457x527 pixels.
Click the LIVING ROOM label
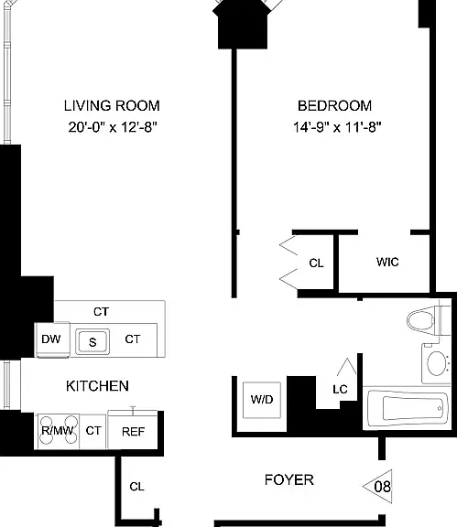coord(112,106)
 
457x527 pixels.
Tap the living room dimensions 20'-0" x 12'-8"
coord(113,127)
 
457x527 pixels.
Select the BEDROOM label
coord(335,106)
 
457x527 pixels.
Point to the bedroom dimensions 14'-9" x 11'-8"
coord(337,127)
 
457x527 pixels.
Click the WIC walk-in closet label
coord(387,262)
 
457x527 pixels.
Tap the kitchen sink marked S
coord(92,342)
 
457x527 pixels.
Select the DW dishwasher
coord(52,339)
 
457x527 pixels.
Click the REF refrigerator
coord(133,430)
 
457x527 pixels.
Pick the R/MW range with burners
coord(59,431)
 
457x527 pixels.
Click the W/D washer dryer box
coord(262,400)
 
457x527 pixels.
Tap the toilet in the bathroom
coord(428,320)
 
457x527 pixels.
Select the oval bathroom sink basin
coord(437,363)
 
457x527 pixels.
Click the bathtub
coord(407,408)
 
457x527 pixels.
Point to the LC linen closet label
coord(340,390)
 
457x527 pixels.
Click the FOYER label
coord(289,480)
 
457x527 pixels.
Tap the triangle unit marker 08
coord(378,487)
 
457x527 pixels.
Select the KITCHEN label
coord(97,386)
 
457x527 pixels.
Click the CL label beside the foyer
coord(136,487)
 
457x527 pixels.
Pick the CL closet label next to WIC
coord(316,263)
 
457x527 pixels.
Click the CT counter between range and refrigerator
coord(93,431)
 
